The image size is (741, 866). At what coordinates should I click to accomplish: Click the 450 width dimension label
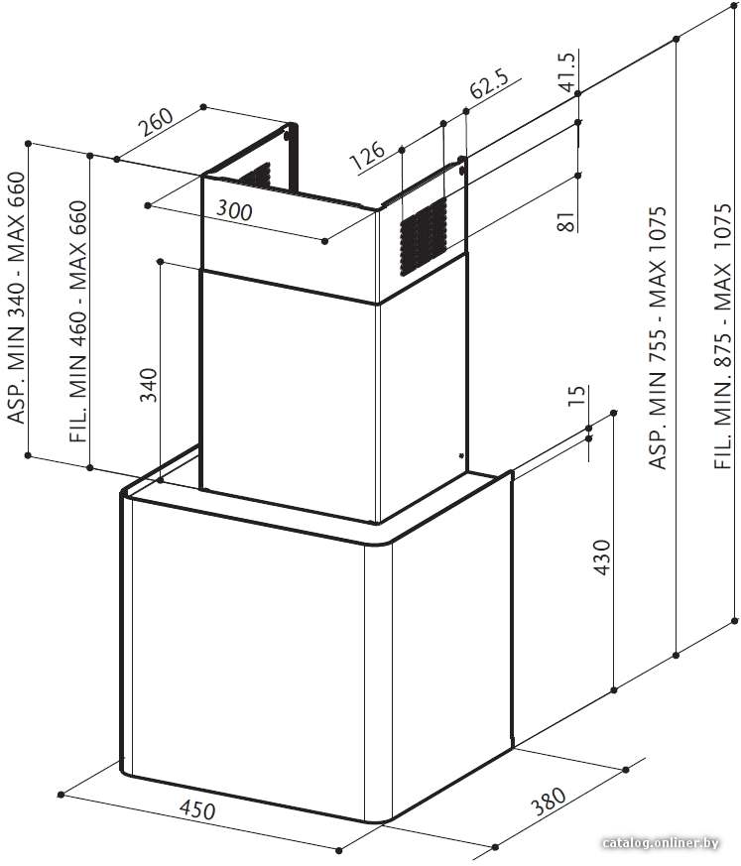click(x=196, y=810)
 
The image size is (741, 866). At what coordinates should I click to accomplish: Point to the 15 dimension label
click(x=576, y=396)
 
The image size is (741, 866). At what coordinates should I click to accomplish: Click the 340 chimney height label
click(x=148, y=385)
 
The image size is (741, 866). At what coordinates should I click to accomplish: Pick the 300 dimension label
click(x=234, y=210)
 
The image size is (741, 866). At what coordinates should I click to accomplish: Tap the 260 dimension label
click(x=156, y=122)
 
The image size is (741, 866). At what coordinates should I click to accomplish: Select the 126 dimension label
click(x=367, y=156)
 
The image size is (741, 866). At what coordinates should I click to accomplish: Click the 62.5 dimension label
click(x=489, y=83)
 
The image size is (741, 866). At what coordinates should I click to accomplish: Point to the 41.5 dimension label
click(x=567, y=71)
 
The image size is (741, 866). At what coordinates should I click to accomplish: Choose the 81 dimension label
click(x=567, y=221)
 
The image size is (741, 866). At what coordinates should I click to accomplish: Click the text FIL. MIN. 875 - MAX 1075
click(x=723, y=337)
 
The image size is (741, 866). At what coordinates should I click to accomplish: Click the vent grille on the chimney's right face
click(x=424, y=236)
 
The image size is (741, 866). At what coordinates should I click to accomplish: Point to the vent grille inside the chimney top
click(x=255, y=177)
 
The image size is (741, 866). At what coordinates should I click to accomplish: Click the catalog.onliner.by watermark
click(x=661, y=842)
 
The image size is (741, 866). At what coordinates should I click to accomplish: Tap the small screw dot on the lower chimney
click(x=460, y=455)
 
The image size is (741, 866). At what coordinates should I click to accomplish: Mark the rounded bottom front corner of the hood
click(x=380, y=818)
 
